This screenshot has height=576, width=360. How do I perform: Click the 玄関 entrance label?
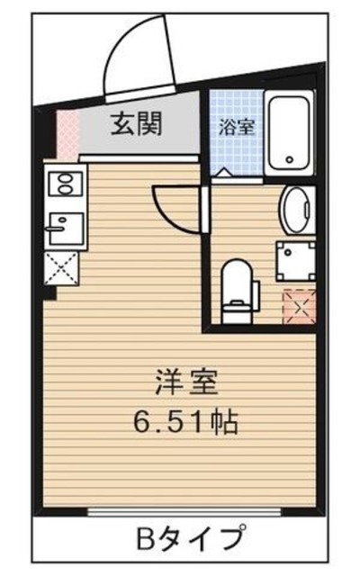136,124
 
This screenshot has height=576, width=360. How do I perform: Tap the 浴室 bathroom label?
237,127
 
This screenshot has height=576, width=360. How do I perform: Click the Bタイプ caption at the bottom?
190,540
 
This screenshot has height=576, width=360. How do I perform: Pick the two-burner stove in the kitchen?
67,186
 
